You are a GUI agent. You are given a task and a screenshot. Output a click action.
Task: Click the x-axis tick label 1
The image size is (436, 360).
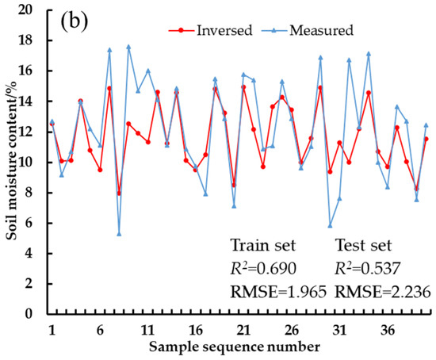coord(52,329)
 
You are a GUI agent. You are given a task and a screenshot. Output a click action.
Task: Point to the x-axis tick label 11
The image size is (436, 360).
coord(147,329)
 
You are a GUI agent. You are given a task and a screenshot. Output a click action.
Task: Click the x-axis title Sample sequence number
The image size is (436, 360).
coord(238,347)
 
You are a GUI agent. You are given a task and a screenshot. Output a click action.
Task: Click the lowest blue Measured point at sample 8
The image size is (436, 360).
coord(119,233)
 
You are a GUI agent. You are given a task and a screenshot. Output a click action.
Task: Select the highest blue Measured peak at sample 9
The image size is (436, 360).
coord(128,47)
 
